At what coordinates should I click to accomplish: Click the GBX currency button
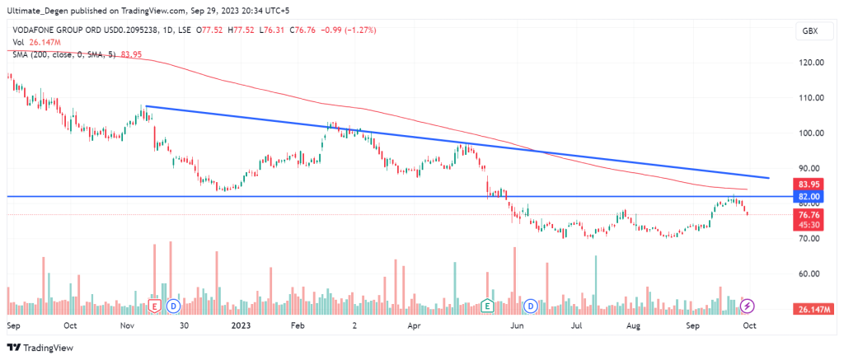tap(809, 31)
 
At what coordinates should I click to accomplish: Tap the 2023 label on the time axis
tap(242, 325)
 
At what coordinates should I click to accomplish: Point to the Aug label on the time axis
tap(634, 325)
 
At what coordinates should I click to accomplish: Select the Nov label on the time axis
tap(126, 325)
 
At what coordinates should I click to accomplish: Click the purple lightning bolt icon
tap(748, 306)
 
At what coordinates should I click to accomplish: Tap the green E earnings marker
tap(488, 306)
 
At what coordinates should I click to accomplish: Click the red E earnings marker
tap(154, 306)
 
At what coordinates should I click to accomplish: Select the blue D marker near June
tap(532, 306)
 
